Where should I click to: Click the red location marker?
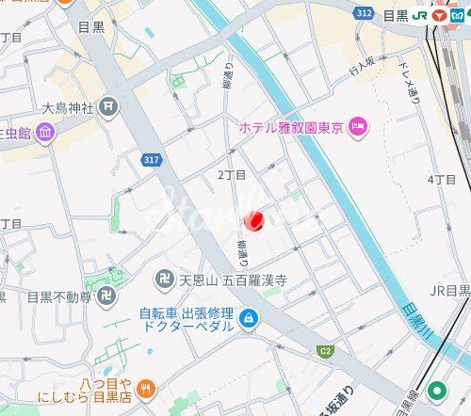click(x=252, y=220)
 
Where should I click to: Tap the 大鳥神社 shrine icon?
click(x=110, y=107)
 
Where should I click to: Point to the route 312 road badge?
click(x=365, y=12)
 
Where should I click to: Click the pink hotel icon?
click(x=357, y=126)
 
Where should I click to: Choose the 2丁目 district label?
click(x=231, y=175)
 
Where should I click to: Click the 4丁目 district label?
click(x=441, y=179)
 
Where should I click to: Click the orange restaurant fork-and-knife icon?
click(x=145, y=389)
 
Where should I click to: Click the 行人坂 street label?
click(x=362, y=68)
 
